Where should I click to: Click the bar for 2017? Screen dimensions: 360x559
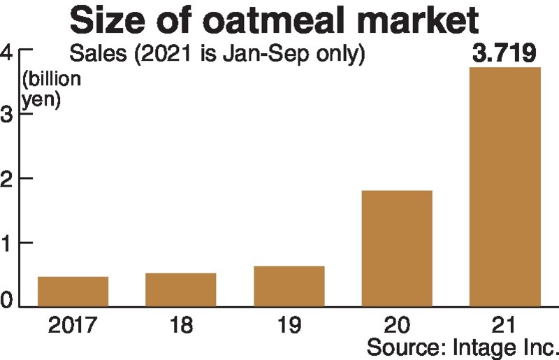pos(73,291)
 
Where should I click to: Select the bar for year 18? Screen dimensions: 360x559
pos(180,289)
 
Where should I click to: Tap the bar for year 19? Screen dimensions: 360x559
pos(289,286)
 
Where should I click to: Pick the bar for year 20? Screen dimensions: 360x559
pos(396,248)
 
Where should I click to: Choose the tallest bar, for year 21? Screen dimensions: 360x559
pos(504,187)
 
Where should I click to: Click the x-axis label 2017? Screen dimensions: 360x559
pos(73,324)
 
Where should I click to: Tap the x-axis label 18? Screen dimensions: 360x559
pos(180,324)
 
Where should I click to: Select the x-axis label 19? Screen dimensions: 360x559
pos(289,324)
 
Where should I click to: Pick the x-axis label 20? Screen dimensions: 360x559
pos(396,324)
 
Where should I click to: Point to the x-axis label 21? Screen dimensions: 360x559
pos(504,324)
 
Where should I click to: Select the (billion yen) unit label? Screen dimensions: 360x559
pos(51,88)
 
